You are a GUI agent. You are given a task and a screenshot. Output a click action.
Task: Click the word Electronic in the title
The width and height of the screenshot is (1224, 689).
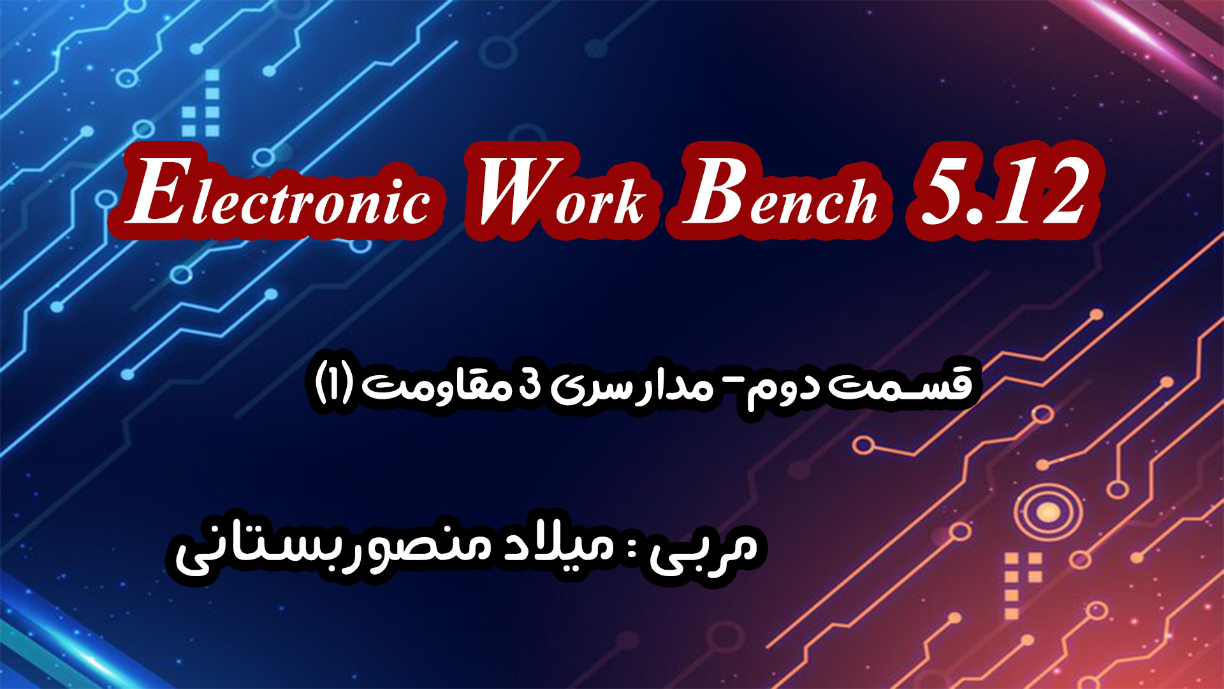[277, 191]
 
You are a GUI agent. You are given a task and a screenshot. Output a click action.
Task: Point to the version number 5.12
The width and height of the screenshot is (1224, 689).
[1001, 191]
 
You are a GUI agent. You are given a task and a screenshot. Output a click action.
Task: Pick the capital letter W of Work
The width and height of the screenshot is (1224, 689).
[516, 191]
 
